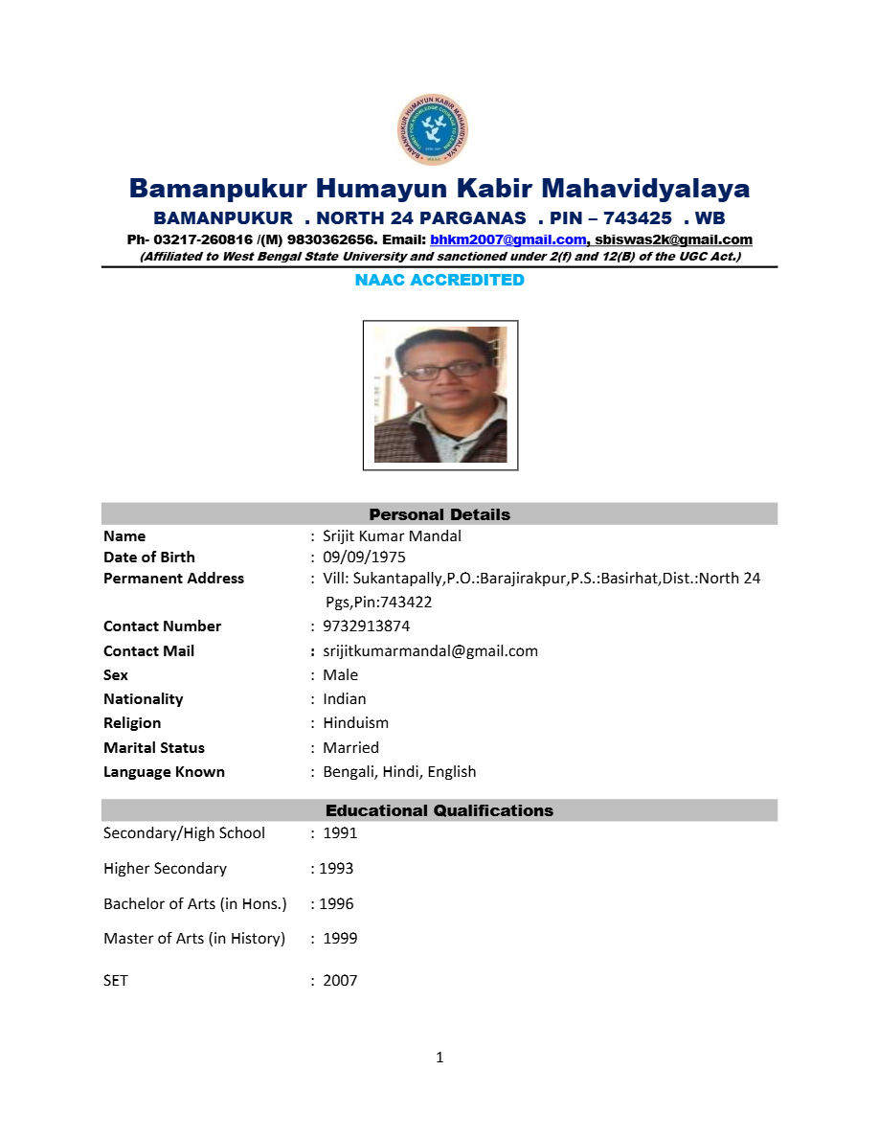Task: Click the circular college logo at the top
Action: point(432,129)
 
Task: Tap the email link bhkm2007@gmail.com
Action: point(507,239)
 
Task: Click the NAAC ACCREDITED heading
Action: point(439,280)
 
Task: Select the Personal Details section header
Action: point(439,514)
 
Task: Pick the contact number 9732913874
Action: point(366,626)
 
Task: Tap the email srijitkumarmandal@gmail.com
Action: point(430,651)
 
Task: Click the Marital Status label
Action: point(154,748)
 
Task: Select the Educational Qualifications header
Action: point(439,810)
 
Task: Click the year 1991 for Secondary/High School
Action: point(340,833)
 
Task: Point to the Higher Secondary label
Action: point(165,869)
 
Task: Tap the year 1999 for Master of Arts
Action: point(340,939)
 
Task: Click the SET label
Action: point(116,981)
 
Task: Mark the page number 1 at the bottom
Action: point(439,1058)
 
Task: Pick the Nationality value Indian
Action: point(344,699)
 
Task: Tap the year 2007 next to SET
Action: point(340,981)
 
